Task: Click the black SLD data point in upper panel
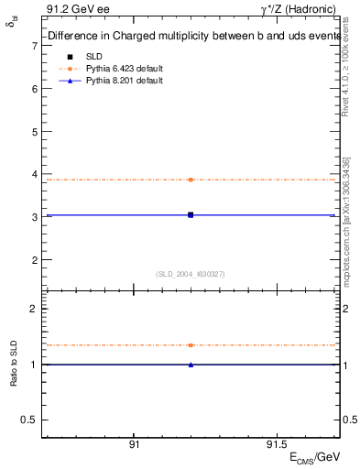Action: tap(191, 214)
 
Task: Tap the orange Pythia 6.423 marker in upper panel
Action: tap(191, 180)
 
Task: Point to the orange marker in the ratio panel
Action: tap(191, 345)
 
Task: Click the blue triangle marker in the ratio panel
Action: tap(191, 365)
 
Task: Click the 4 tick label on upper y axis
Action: tap(34, 175)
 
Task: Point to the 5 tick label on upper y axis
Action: tap(34, 132)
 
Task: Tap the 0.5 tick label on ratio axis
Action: tap(29, 420)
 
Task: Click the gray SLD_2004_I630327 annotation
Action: tap(191, 274)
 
